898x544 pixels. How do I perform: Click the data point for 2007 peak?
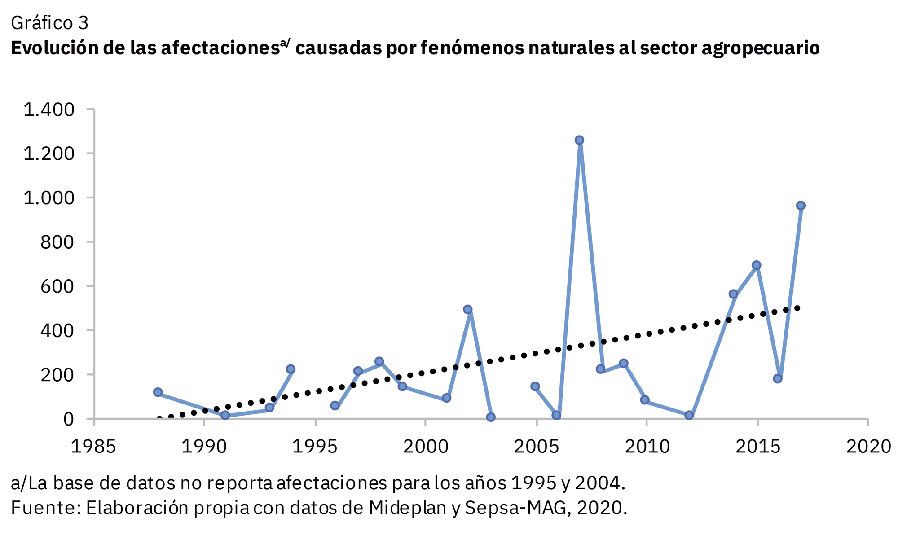(579, 140)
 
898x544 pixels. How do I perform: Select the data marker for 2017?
(800, 206)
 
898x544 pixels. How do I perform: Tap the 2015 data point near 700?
(756, 265)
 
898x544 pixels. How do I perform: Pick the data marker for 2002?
(467, 309)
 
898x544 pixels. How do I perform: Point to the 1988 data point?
(158, 392)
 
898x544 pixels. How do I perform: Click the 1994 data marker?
(291, 369)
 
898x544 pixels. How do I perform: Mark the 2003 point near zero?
(491, 417)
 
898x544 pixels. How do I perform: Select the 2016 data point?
(778, 379)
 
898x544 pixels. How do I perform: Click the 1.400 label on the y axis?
(48, 110)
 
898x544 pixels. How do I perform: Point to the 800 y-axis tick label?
(57, 242)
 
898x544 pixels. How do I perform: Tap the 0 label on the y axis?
(68, 419)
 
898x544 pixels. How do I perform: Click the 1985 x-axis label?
(93, 447)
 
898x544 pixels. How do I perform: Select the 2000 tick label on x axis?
(426, 447)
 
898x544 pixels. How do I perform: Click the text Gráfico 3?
(49, 23)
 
